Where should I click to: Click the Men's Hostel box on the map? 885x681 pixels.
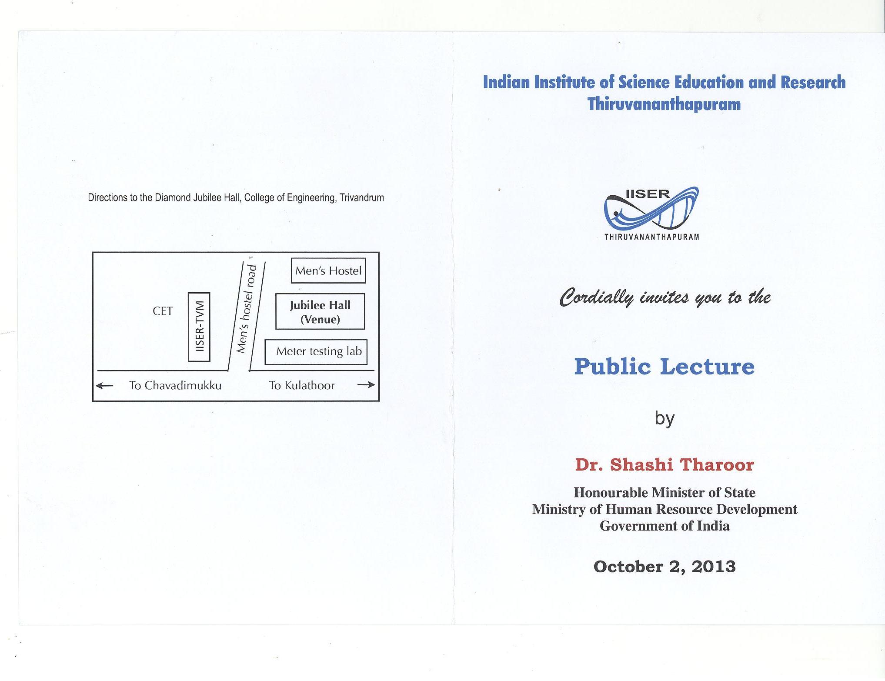(x=328, y=271)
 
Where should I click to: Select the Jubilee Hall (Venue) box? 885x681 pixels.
(x=320, y=312)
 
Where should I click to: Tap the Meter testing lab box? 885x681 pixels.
(x=316, y=351)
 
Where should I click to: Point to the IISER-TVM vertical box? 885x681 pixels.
(x=199, y=327)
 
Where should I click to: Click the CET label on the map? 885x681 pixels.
(x=163, y=311)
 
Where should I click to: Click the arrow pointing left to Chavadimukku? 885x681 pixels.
(x=104, y=385)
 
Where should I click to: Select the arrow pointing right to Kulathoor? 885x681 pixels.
(x=366, y=385)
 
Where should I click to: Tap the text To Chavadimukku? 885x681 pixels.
(x=175, y=386)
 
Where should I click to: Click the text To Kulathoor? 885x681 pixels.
(x=302, y=386)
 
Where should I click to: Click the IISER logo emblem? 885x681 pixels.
(x=651, y=209)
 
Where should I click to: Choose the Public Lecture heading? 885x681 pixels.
(x=664, y=366)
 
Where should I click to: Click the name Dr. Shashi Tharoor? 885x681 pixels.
(x=664, y=464)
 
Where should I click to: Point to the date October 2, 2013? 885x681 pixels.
(x=664, y=566)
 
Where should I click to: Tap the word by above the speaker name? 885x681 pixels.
(x=665, y=418)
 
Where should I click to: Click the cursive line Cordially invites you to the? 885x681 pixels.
(x=665, y=297)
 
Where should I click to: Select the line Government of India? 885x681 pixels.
(x=665, y=526)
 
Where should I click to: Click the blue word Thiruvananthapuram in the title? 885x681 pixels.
(x=664, y=104)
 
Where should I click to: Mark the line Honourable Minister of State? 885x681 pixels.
(x=665, y=492)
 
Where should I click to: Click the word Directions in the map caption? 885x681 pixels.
(x=107, y=198)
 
